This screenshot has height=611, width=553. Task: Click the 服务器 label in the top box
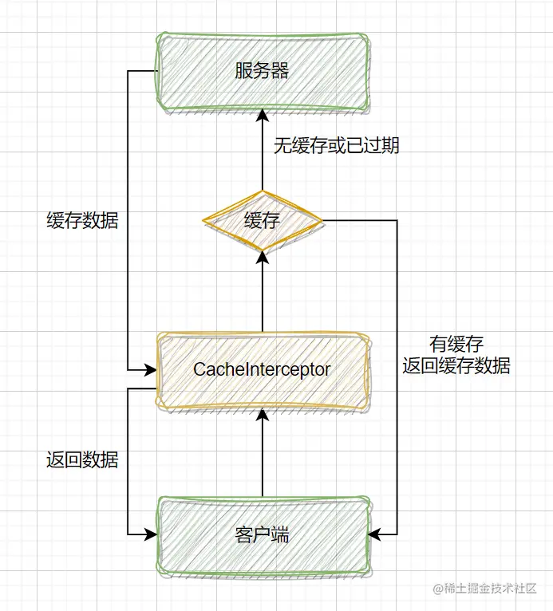tap(262, 71)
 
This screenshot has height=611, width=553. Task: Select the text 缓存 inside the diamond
tap(262, 221)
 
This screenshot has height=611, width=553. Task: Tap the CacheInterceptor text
tap(262, 369)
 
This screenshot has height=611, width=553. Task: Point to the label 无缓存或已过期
tap(337, 146)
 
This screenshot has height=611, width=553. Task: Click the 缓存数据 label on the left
tap(82, 221)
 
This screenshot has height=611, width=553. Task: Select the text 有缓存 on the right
tap(456, 345)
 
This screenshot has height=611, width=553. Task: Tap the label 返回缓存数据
tap(456, 366)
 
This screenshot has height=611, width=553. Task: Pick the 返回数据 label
tap(82, 459)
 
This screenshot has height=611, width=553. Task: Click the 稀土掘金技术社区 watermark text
tap(490, 589)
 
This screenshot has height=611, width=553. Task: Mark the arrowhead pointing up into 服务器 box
tap(262, 116)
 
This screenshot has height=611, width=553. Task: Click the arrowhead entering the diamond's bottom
tap(262, 257)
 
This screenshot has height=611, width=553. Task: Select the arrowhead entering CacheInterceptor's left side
tap(150, 370)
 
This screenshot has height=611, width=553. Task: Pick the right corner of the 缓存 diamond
tap(321, 220)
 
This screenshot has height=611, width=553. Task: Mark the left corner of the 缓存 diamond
tap(203, 220)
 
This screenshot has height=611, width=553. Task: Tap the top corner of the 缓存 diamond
tap(262, 191)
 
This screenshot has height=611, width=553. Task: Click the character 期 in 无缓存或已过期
tap(390, 146)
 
